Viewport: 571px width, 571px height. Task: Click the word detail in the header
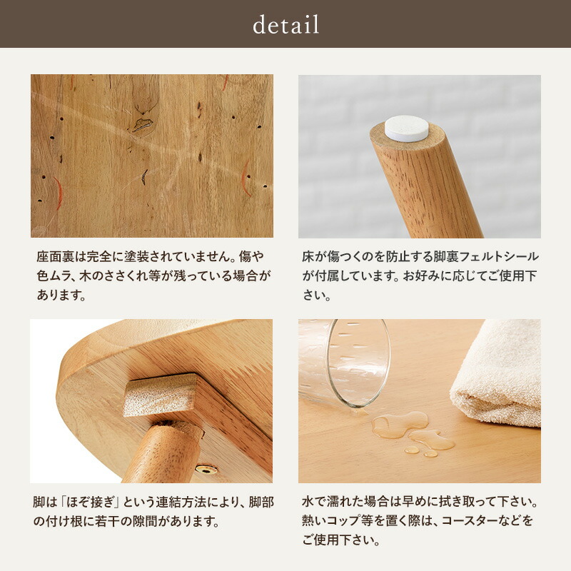click(x=285, y=25)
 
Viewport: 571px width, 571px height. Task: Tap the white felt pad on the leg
click(x=406, y=128)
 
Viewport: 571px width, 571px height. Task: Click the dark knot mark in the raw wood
click(x=143, y=124)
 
